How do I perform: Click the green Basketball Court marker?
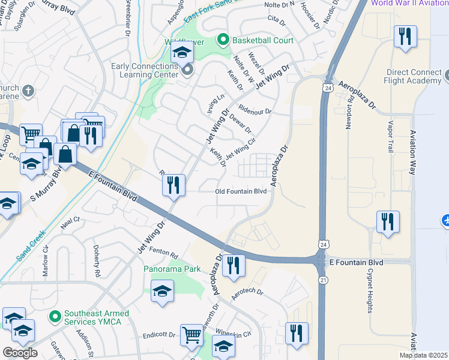click(x=223, y=41)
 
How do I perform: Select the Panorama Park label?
click(x=172, y=269)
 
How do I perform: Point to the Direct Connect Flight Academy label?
click(x=415, y=77)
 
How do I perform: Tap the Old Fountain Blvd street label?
click(x=240, y=191)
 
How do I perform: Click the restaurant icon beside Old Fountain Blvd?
click(x=173, y=185)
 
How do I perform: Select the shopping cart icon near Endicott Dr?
click(x=191, y=335)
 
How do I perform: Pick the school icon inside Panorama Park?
click(x=161, y=292)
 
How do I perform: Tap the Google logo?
click(x=20, y=353)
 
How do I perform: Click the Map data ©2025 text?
click(x=423, y=355)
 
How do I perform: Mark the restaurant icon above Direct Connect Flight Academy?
click(x=406, y=37)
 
